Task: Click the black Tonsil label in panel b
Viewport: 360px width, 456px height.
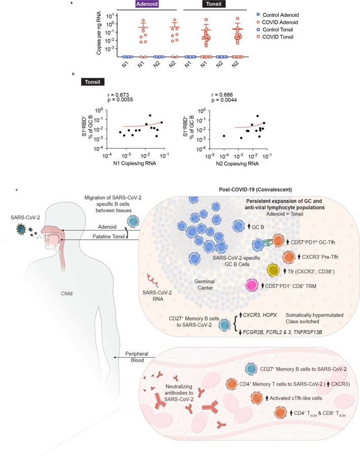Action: [100, 82]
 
